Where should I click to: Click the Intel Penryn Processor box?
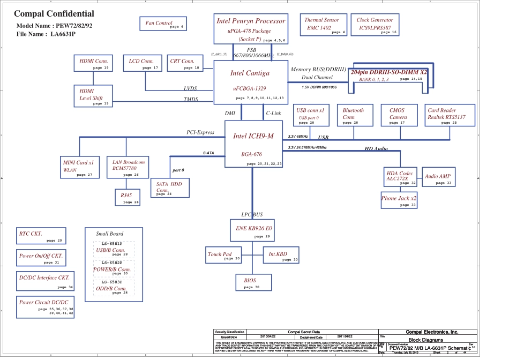tap(250, 29)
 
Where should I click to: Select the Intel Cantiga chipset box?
tap(250, 82)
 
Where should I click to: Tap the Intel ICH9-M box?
tap(253, 144)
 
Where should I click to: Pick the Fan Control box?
tap(163, 24)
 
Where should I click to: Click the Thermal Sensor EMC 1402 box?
tap(322, 25)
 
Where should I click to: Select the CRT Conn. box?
tap(183, 63)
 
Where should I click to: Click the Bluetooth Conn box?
tap(356, 115)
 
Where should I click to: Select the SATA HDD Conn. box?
tap(170, 189)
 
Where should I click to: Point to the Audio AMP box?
tap(439, 178)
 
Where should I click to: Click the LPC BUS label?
tap(252, 215)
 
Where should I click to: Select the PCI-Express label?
tap(200, 132)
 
